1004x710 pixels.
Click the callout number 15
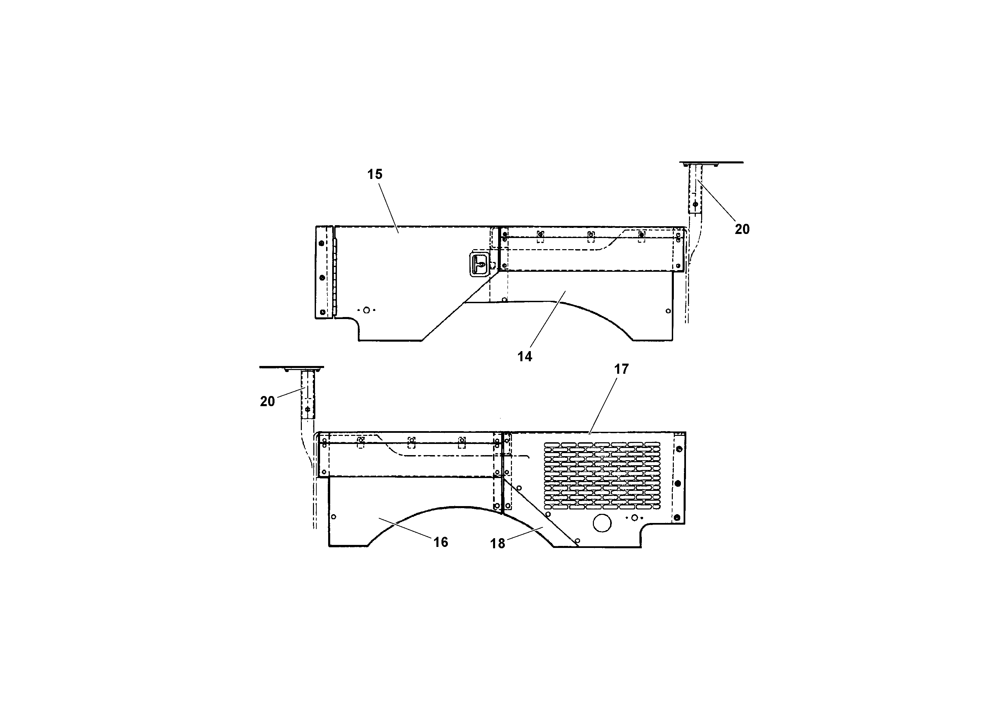pos(375,174)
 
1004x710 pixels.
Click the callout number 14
pos(525,356)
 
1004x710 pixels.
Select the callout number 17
pos(621,369)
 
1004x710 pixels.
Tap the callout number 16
pos(441,542)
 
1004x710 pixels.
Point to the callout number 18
pos(497,543)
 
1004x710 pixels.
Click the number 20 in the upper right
pos(742,229)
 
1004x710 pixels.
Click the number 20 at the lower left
pos(267,401)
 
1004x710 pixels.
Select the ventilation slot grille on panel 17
pos(602,476)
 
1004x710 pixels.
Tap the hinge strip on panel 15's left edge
pos(335,271)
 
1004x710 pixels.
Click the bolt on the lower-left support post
pos(308,409)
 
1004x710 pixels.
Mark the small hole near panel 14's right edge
pos(668,311)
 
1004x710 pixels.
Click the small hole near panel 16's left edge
pos(334,517)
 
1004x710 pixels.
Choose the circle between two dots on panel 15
pos(367,310)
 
